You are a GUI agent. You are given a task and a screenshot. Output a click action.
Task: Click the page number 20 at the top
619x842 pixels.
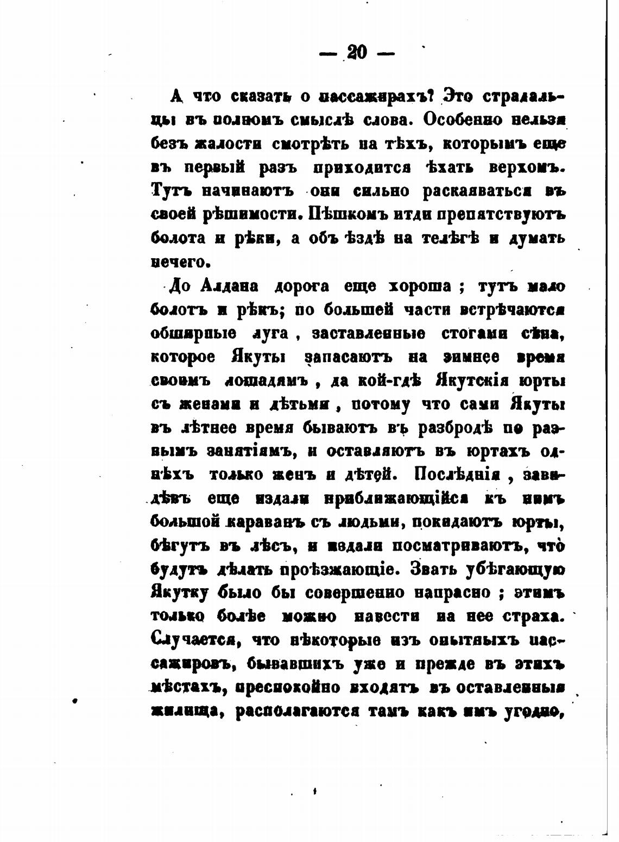(x=357, y=53)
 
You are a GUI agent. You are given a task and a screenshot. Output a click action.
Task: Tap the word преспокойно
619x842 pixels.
(x=291, y=688)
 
